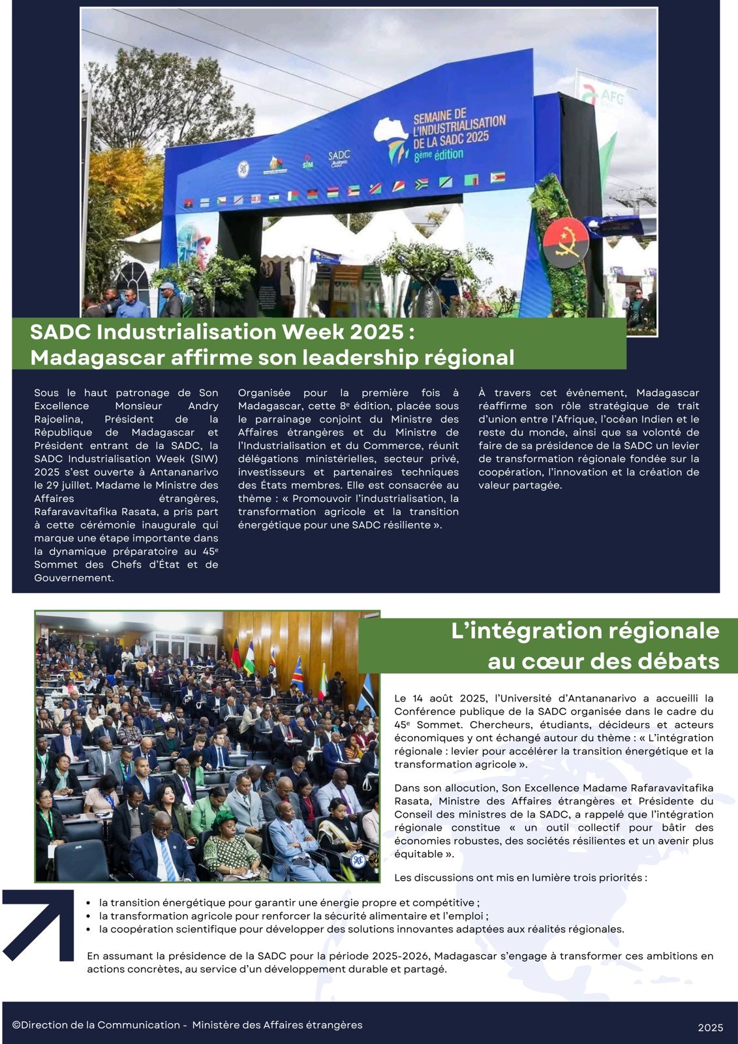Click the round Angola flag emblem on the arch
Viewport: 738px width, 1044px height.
click(565, 242)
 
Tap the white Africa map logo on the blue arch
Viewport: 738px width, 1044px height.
click(390, 138)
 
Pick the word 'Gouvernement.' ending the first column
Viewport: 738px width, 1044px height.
click(74, 577)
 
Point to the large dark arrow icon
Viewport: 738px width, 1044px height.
click(39, 925)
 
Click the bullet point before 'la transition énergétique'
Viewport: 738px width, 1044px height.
click(88, 903)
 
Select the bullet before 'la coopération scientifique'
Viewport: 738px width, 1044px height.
click(88, 929)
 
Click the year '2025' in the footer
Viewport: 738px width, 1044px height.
click(710, 1028)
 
